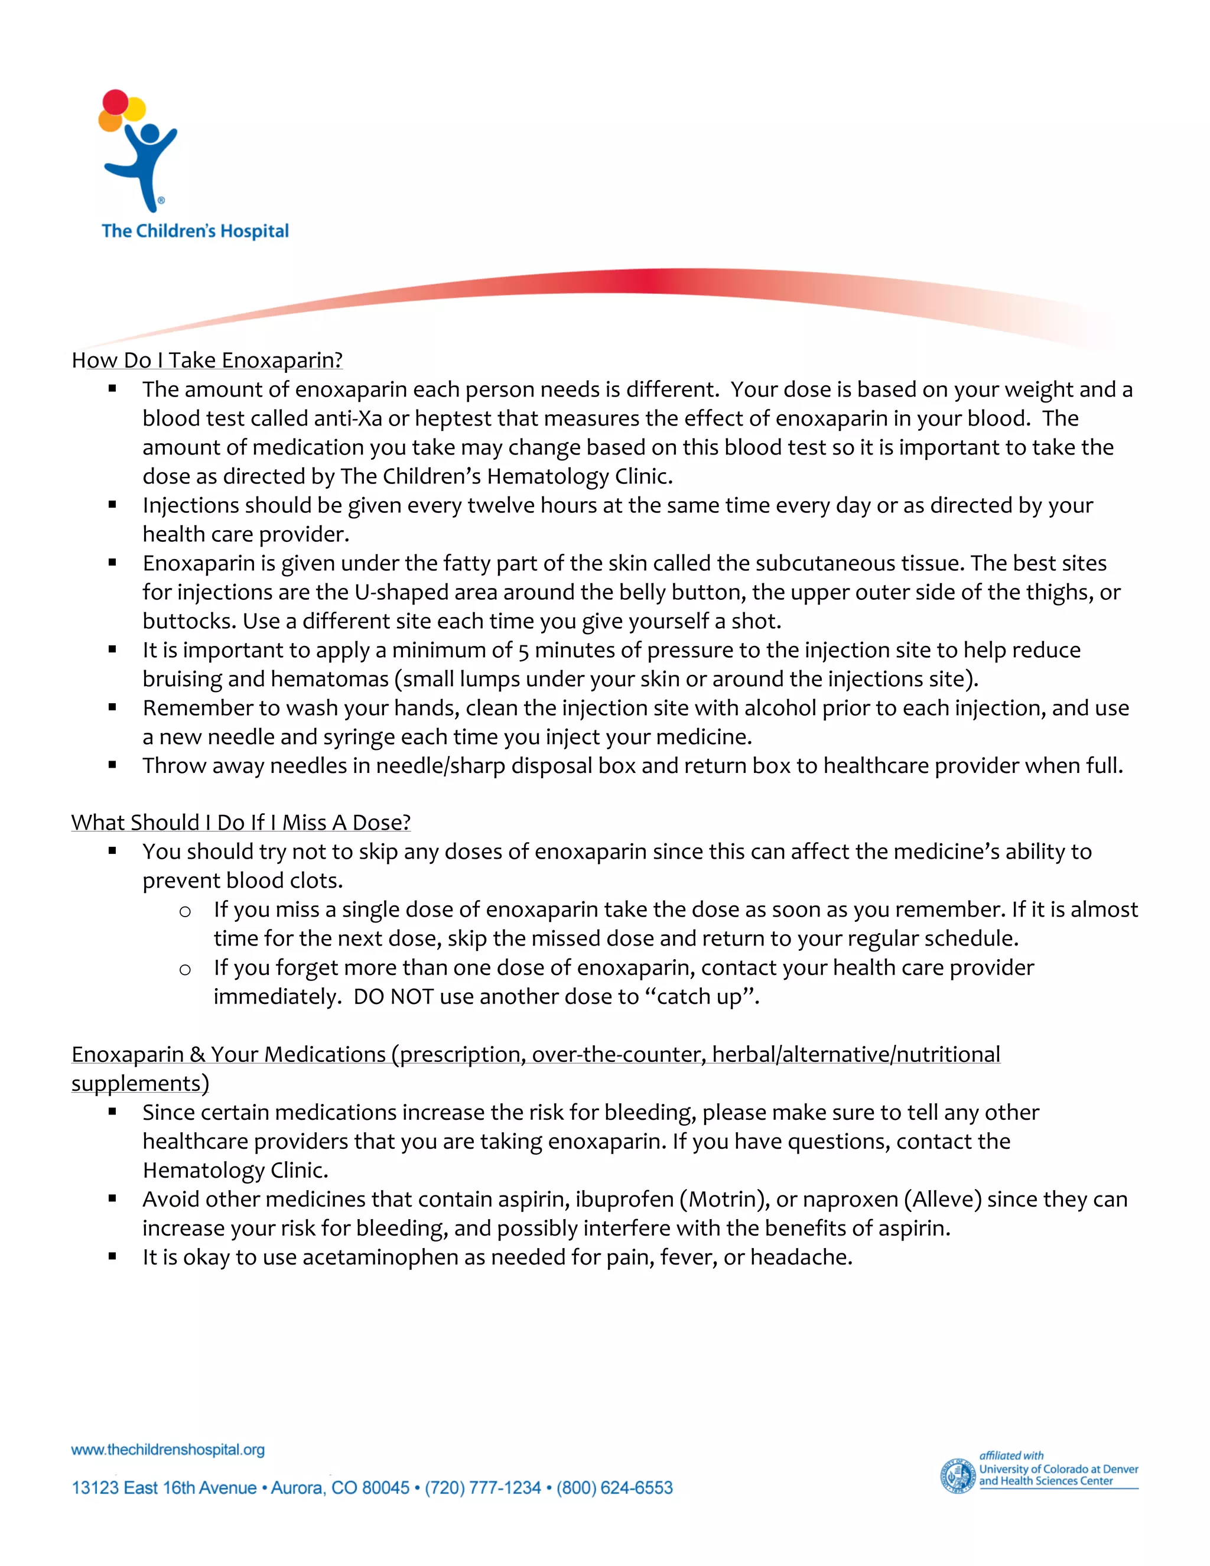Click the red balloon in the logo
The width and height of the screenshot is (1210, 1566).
tap(115, 102)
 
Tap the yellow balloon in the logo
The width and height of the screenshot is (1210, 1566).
tap(135, 109)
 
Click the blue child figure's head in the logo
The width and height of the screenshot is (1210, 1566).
tap(150, 134)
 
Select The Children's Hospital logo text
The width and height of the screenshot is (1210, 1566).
tap(195, 231)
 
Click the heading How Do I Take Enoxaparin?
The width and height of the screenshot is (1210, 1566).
tap(207, 360)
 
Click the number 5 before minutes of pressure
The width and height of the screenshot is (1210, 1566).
tap(523, 651)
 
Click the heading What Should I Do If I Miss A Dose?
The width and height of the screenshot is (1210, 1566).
tap(241, 823)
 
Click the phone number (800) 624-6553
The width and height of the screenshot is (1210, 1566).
tap(614, 1488)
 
